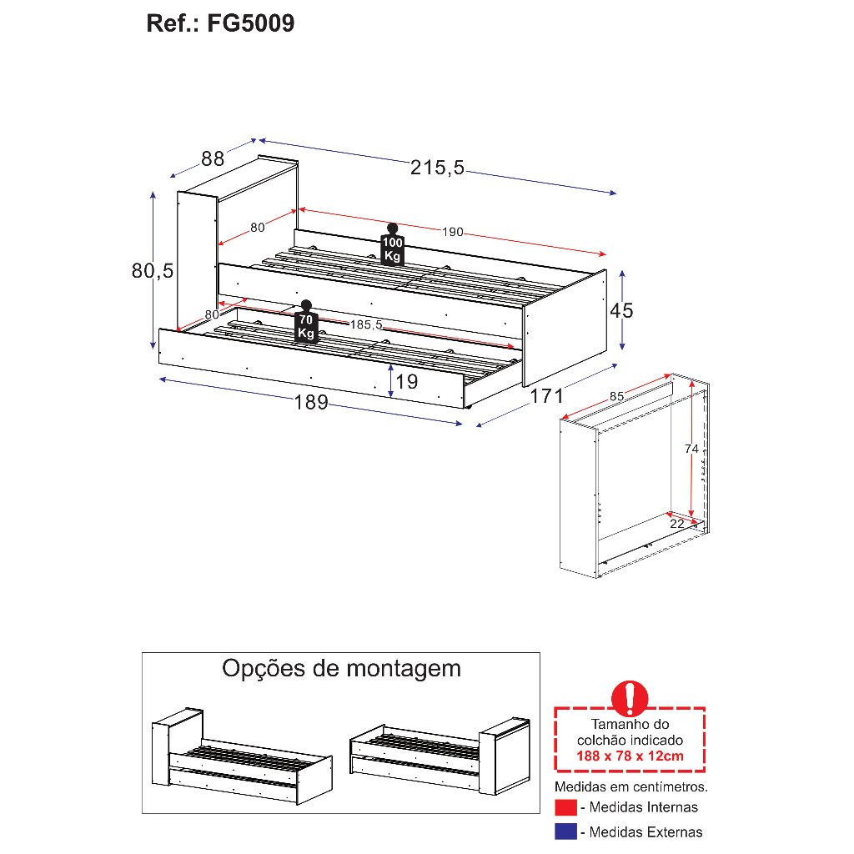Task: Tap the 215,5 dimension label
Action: tap(437, 168)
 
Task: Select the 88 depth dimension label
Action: tap(213, 158)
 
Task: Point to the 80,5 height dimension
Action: tap(153, 271)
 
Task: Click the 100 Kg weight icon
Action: tap(392, 245)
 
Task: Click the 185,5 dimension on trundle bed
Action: tap(366, 324)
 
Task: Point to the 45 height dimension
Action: tap(621, 311)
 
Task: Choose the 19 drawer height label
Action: tap(406, 382)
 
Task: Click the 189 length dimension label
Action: tap(310, 403)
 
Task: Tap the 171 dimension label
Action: tap(547, 395)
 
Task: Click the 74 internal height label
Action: tap(691, 449)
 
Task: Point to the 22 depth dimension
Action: tap(676, 524)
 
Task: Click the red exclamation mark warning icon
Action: tap(630, 696)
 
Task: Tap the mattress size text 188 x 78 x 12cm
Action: tap(630, 756)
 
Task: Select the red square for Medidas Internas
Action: tap(565, 807)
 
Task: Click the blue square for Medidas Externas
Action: tap(565, 831)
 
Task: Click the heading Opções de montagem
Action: tap(341, 668)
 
